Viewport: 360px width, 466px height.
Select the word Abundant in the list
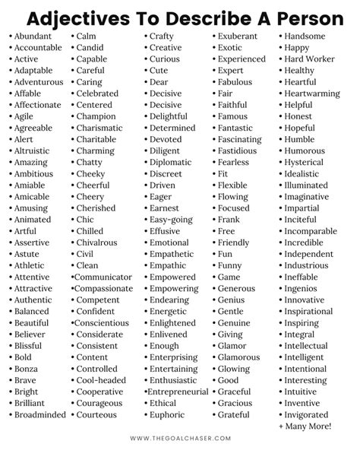(35, 36)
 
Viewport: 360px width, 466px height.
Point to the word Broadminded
(40, 415)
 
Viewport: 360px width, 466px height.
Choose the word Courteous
(97, 415)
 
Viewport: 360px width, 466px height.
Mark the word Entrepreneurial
(178, 392)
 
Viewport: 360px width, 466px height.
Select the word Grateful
(235, 415)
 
